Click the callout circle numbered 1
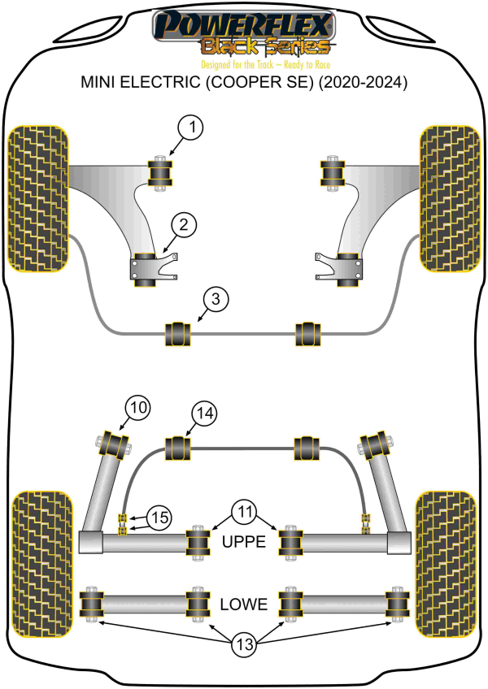pyautogui.click(x=190, y=128)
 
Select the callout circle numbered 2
pyautogui.click(x=183, y=225)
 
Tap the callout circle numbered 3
pyautogui.click(x=216, y=299)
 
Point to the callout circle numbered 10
pyautogui.click(x=137, y=408)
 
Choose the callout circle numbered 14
pyautogui.click(x=205, y=413)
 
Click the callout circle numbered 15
pyautogui.click(x=159, y=518)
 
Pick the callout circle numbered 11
pyautogui.click(x=245, y=512)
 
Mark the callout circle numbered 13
pyautogui.click(x=244, y=644)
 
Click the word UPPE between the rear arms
pyautogui.click(x=244, y=541)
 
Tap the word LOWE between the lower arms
pyautogui.click(x=244, y=604)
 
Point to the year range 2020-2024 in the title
pyautogui.click(x=362, y=82)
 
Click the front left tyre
pyautogui.click(x=38, y=198)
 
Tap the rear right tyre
pyautogui.click(x=446, y=564)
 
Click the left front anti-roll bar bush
pyautogui.click(x=178, y=334)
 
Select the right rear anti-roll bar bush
pyautogui.click(x=307, y=448)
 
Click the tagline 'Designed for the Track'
pyautogui.click(x=237, y=65)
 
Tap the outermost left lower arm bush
pyautogui.click(x=91, y=604)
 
